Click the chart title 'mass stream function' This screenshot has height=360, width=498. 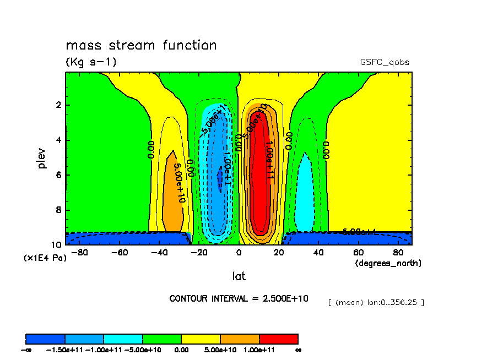coord(141,45)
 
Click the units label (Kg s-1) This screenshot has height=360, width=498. coord(91,62)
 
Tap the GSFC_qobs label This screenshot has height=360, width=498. coord(388,62)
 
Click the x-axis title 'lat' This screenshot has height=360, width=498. coord(239,276)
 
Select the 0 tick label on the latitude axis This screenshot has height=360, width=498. coord(239,252)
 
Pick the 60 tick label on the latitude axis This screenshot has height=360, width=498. coord(359,252)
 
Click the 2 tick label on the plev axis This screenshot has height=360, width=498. coord(58,105)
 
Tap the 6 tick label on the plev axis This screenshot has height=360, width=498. coord(58,175)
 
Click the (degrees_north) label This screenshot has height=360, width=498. coord(388,263)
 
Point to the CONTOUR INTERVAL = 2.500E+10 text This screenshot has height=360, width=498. coord(239,298)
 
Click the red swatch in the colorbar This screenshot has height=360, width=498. coord(279,338)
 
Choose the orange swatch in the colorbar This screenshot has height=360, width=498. coord(240,338)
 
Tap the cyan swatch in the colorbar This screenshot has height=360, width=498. coord(123,338)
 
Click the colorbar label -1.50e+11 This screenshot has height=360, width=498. coord(65,350)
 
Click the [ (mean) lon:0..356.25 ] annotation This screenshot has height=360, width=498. coord(376,302)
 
